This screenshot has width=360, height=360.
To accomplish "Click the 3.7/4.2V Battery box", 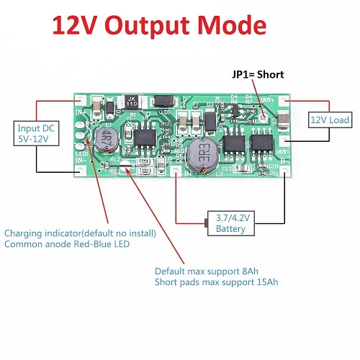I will click(230, 222).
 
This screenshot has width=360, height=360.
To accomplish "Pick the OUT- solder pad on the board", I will click(286, 152).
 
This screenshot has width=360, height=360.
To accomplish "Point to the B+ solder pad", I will click(176, 171).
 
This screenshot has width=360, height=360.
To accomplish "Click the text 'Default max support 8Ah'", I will click(206, 271).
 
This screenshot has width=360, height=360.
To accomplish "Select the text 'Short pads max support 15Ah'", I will click(216, 282).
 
